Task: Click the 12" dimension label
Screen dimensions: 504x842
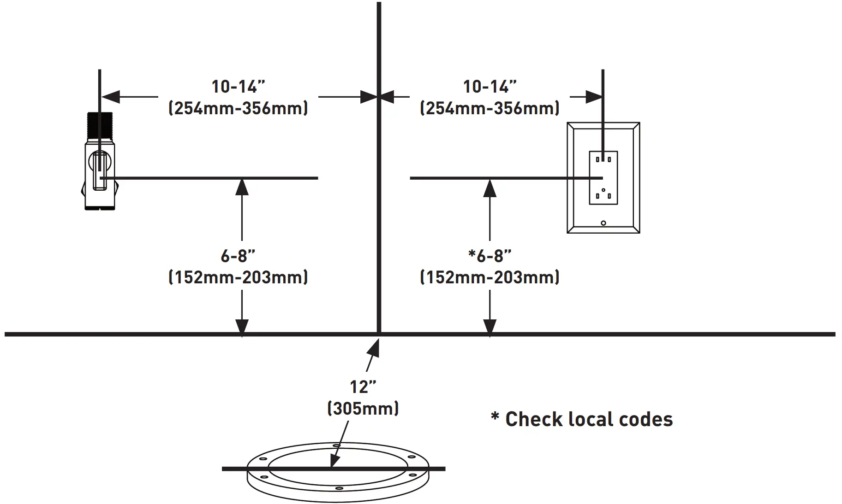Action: (x=363, y=387)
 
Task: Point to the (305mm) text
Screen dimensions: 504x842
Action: (x=363, y=409)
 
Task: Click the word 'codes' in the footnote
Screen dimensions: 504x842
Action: (x=645, y=420)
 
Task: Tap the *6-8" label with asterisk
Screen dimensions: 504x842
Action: (x=490, y=256)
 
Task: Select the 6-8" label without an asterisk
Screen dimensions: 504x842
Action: (x=238, y=256)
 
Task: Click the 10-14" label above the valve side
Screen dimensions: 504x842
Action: (x=238, y=87)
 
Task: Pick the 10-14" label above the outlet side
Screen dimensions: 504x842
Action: (x=490, y=87)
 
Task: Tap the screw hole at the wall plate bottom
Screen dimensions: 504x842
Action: (x=603, y=223)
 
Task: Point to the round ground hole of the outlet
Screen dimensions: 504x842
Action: (x=603, y=190)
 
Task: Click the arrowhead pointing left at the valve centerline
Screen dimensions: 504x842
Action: (x=110, y=97)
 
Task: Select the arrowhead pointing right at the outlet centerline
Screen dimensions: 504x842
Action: (x=594, y=97)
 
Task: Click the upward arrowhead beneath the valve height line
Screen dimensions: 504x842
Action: (x=242, y=187)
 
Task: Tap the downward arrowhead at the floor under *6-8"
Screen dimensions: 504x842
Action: (x=490, y=326)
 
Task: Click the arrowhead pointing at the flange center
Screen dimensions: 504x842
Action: (x=334, y=461)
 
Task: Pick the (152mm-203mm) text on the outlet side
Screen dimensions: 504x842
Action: (x=490, y=277)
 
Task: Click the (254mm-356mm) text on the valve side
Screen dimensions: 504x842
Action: (x=238, y=108)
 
